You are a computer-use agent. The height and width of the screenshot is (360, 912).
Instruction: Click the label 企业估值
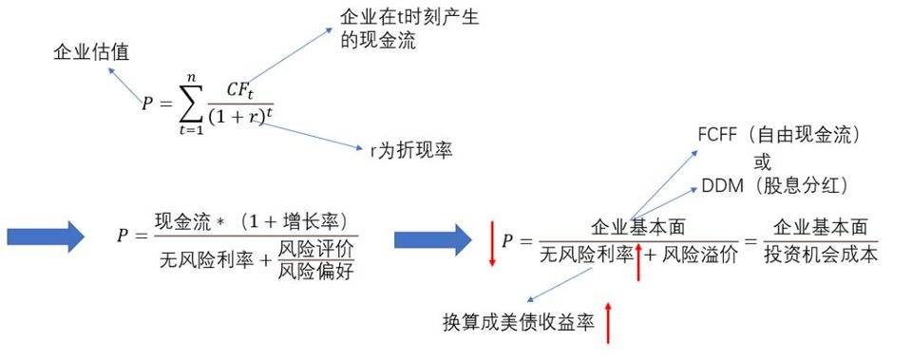point(90,53)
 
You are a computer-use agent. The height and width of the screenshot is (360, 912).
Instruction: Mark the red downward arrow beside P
point(492,244)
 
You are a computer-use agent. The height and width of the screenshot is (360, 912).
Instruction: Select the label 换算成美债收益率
point(518,321)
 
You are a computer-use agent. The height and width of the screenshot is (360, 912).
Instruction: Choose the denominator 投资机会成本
point(821,254)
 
